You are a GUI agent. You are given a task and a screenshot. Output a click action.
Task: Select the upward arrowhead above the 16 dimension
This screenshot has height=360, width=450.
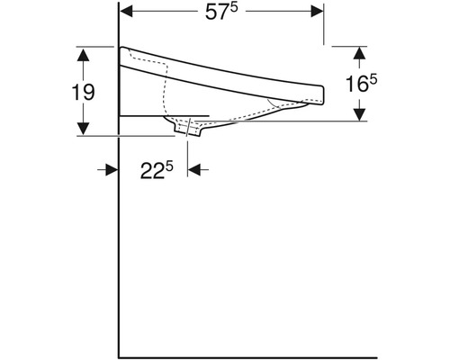coord(361,52)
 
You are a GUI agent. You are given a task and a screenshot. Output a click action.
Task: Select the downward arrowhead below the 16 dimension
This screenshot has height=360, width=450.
coord(361,113)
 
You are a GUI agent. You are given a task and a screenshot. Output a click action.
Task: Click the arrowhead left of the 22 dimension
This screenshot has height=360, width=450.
coord(112,168)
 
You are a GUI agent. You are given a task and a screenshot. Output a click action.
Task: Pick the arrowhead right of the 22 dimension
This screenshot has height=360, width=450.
coord(194,168)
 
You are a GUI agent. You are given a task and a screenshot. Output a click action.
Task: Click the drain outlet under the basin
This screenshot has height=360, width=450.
coord(189,130)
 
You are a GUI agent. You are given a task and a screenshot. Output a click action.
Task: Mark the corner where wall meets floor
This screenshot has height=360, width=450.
coord(120,354)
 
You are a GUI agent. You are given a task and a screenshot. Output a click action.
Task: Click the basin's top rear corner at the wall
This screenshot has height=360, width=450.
coord(121,47)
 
